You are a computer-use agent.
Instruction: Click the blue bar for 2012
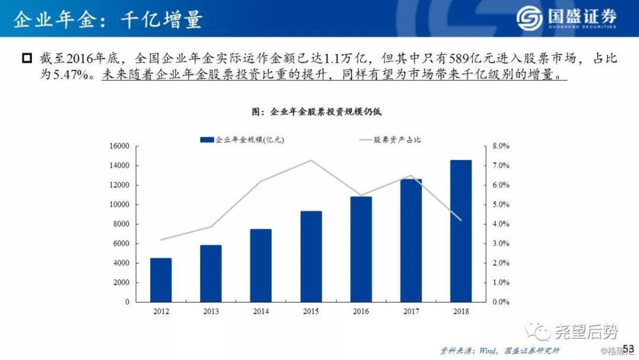pos(160,279)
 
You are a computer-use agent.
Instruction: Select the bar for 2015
pos(311,256)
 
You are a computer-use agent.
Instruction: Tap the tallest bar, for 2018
pos(461,231)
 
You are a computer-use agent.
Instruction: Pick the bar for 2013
pos(211,273)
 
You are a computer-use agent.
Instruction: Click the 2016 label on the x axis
pos(361,311)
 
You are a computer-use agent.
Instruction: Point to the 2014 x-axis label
pos(261,311)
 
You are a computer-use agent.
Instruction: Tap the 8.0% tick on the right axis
pos(498,146)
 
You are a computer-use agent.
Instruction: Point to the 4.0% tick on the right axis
pos(498,224)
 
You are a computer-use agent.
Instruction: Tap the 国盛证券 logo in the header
pos(566,19)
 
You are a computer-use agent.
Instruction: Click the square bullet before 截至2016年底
pos(26,59)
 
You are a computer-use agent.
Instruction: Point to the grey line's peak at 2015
pos(311,160)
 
